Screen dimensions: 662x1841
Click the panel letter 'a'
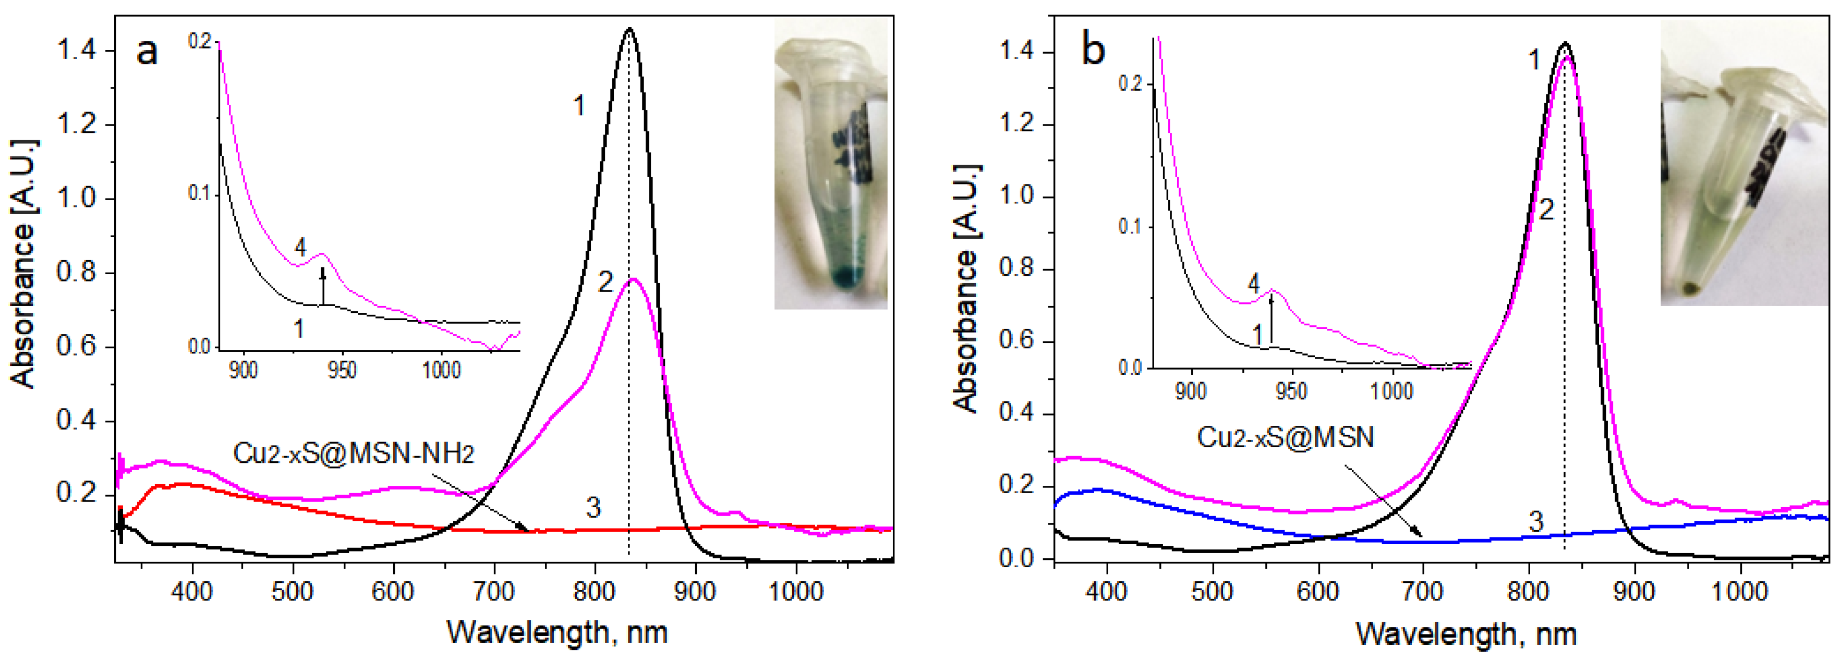tap(147, 52)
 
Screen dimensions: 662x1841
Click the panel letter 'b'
tap(1094, 51)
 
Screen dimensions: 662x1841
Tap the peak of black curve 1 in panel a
tap(629, 29)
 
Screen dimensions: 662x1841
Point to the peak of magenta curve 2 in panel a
tap(632, 279)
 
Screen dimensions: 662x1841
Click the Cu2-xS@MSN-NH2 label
tap(353, 453)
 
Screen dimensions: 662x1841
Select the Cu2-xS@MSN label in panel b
tap(1285, 436)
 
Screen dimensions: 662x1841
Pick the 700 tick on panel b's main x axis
tap(1422, 591)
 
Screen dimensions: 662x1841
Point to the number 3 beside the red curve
tap(593, 508)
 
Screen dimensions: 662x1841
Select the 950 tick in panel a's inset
tap(342, 371)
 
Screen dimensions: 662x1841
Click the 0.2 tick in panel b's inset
tap(1130, 83)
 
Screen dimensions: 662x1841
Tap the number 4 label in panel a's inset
tap(300, 248)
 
